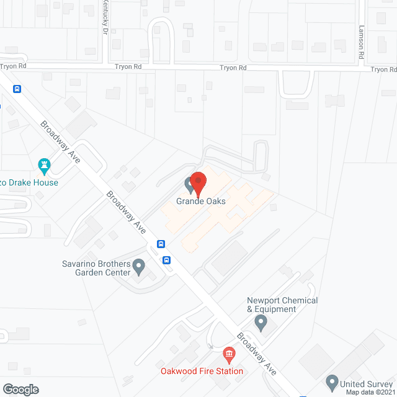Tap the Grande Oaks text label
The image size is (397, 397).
[x=200, y=201]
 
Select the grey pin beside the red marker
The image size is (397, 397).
[x=189, y=184]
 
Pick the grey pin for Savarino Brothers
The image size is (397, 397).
[x=139, y=268]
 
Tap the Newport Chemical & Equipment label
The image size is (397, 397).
[x=282, y=305]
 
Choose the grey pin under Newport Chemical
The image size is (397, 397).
[x=261, y=323]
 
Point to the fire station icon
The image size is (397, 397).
[x=229, y=355]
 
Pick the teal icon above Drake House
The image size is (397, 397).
[x=44, y=165]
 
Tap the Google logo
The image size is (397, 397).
[x=20, y=389]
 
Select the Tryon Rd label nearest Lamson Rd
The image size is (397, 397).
[x=383, y=69]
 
